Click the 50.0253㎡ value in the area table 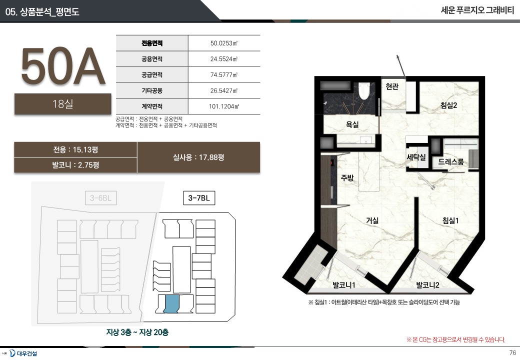224,43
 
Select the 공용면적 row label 152,59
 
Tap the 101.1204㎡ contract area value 224,106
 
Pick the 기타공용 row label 152,90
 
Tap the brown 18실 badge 62,104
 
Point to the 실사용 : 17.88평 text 198,157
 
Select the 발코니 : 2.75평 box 75,165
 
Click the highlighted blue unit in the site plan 172,303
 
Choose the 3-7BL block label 199,198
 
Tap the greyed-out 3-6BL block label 101,198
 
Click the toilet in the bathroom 364,91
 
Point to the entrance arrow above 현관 400,66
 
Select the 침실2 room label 448,105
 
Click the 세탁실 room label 416,157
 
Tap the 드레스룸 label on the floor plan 451,162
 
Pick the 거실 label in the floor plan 372,220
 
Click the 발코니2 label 427,285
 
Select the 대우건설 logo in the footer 23,353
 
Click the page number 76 512,352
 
